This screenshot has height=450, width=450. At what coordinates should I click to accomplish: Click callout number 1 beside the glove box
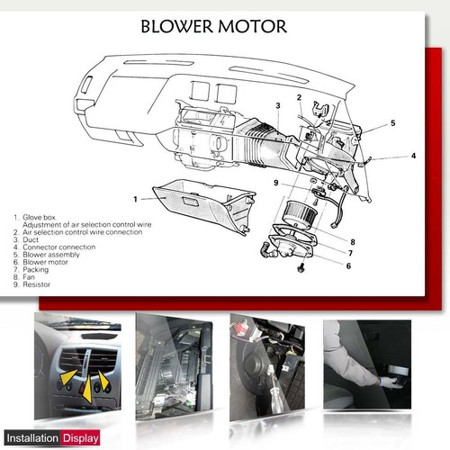(134, 197)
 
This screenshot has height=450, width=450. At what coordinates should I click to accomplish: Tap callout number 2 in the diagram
(299, 97)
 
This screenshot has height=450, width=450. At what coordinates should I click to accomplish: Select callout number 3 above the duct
(279, 105)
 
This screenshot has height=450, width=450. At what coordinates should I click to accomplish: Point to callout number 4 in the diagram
(413, 156)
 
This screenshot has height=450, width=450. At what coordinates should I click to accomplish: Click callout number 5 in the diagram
(392, 122)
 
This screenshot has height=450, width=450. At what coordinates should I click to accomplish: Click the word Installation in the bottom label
(31, 438)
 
